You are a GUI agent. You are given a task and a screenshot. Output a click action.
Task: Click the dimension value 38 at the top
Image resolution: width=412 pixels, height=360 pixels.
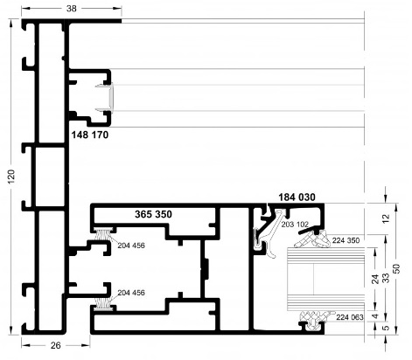point(72,9)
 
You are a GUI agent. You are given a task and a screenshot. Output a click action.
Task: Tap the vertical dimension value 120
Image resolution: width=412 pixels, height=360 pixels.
point(11,177)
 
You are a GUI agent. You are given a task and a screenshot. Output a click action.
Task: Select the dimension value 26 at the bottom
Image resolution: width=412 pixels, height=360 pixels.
point(56,345)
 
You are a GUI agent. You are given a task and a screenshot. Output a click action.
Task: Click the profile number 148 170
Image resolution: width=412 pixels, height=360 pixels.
point(90,135)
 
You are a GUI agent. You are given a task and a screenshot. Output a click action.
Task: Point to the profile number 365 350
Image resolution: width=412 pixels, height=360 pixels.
point(153,214)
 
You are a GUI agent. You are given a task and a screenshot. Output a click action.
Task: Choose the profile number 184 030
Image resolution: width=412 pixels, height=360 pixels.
point(297,197)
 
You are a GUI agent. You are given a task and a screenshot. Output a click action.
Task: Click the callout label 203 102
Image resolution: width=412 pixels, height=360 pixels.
point(295,225)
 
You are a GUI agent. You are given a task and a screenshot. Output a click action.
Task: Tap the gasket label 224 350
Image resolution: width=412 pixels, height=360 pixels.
point(346,240)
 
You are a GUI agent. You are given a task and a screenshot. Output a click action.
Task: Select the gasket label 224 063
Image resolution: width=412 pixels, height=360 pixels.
point(350,317)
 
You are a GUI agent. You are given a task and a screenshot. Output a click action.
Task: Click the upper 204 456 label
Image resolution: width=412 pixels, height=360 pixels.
point(131,246)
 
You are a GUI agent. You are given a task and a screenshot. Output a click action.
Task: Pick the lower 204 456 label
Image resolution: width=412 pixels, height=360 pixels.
point(131,293)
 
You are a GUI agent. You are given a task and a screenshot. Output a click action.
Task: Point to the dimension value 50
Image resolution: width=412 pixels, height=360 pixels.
point(397,268)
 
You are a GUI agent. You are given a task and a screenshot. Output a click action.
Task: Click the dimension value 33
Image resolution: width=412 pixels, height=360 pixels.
point(386,278)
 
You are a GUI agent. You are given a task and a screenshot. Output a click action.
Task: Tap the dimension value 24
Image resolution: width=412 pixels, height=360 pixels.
point(376,279)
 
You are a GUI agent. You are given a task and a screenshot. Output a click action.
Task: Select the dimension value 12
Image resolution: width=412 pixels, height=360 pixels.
point(386,218)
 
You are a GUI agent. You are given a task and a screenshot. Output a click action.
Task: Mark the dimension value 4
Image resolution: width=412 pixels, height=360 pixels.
point(376,316)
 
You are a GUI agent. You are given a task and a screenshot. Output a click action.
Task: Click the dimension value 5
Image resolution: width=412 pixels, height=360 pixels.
point(386,328)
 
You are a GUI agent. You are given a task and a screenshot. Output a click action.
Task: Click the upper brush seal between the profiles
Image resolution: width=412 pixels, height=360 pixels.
point(103,235)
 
